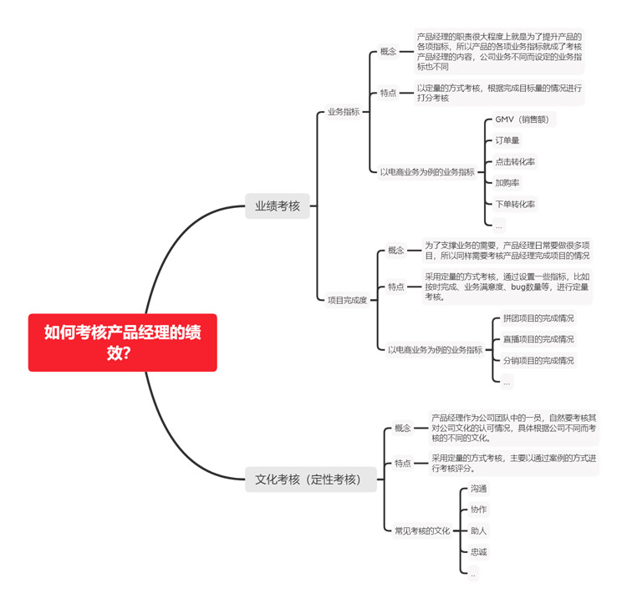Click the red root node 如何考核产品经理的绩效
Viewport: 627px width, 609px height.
click(x=122, y=343)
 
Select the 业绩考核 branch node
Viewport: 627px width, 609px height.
click(x=277, y=206)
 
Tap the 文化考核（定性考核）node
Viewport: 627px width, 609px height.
click(x=311, y=480)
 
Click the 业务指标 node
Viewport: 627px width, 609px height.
click(x=344, y=112)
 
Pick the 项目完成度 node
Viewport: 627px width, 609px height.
click(x=347, y=300)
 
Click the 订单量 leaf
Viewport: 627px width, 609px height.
click(x=507, y=140)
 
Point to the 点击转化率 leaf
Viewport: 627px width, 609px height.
click(x=515, y=162)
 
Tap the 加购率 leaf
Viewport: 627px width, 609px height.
click(x=507, y=183)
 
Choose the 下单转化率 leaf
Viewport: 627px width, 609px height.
click(x=515, y=204)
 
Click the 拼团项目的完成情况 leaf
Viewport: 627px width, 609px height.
click(x=538, y=318)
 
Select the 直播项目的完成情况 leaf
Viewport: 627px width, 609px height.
click(x=538, y=339)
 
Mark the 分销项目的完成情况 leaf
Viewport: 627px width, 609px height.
click(x=538, y=360)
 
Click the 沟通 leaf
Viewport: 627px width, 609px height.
click(x=478, y=489)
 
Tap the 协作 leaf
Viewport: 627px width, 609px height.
click(x=478, y=510)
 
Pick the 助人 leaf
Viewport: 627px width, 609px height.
click(x=478, y=530)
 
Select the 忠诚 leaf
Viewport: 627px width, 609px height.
click(x=478, y=552)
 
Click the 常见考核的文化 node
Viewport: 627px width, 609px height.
click(x=422, y=530)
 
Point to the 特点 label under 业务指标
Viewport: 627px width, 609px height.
click(x=388, y=93)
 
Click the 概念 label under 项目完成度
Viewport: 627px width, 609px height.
click(x=396, y=250)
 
